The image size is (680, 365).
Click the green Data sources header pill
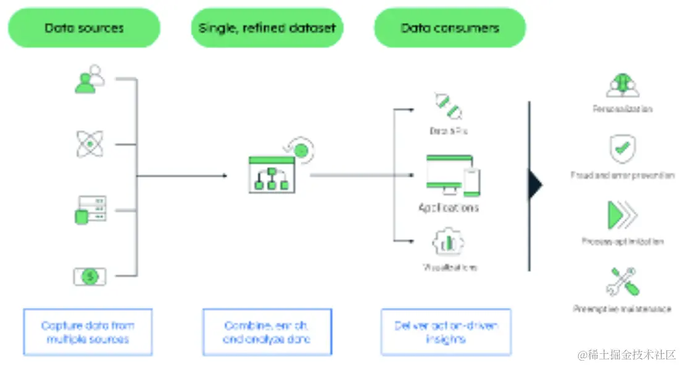tap(84, 28)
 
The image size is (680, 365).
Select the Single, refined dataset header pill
tap(267, 28)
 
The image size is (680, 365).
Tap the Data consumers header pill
tap(450, 28)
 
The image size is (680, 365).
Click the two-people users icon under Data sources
tap(89, 80)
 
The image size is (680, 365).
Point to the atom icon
tap(90, 144)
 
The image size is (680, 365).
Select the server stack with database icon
tap(90, 210)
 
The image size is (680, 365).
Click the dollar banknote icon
tap(90, 276)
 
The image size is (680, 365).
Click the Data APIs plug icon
tap(448, 105)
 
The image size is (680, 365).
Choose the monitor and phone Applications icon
tap(452, 175)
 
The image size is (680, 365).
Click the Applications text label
tap(449, 208)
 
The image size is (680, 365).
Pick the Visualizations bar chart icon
tap(449, 242)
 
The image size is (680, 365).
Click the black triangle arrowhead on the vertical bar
tap(535, 185)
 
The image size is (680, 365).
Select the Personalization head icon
tap(622, 85)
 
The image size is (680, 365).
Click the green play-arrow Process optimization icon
tap(621, 215)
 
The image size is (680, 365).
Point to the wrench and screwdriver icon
tap(622, 282)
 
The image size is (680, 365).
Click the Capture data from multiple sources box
tap(88, 332)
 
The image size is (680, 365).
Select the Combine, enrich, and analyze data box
tap(267, 332)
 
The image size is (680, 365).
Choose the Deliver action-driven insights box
tap(446, 332)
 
